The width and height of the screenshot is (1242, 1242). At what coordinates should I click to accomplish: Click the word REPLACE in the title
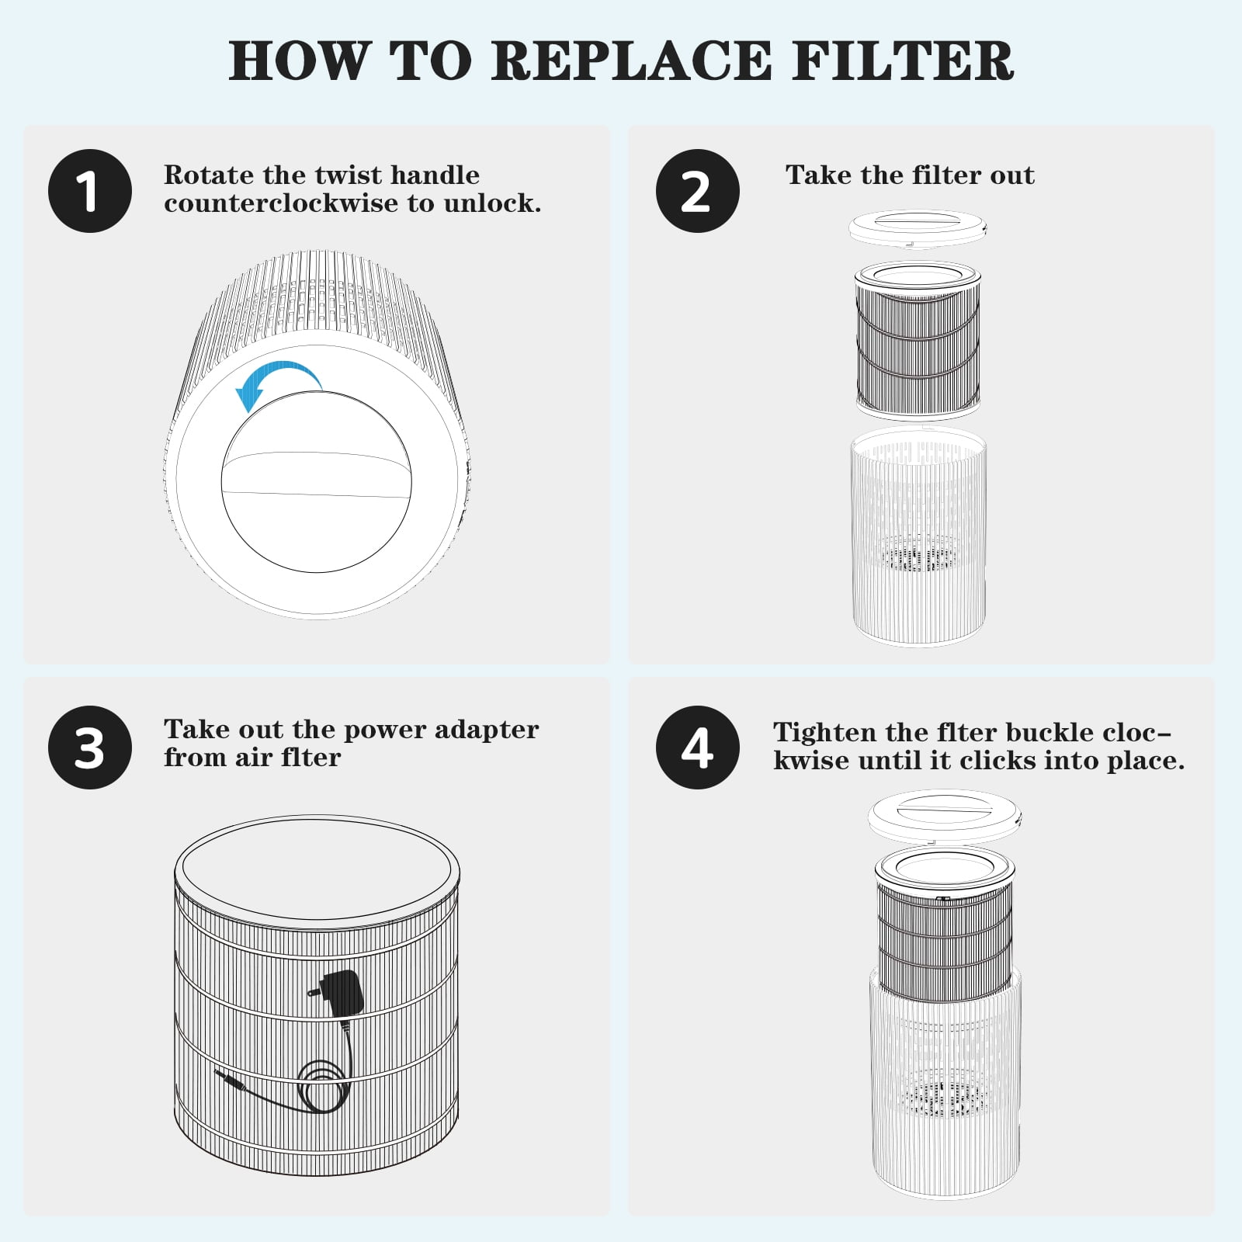point(631,61)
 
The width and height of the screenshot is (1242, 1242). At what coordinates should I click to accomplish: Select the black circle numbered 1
point(90,191)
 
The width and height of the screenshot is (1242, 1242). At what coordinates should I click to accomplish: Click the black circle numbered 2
point(697,191)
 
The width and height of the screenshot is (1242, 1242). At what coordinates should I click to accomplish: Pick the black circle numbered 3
point(90,748)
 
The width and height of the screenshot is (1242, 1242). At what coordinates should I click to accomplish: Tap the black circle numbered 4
point(697,748)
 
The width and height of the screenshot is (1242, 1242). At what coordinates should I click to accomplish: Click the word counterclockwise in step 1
point(281,203)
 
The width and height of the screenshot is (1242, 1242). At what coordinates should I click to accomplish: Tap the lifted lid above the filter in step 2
point(918,228)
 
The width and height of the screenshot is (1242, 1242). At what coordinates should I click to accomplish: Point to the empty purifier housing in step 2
point(919,537)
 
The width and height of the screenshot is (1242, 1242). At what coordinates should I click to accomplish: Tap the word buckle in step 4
point(1047,732)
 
